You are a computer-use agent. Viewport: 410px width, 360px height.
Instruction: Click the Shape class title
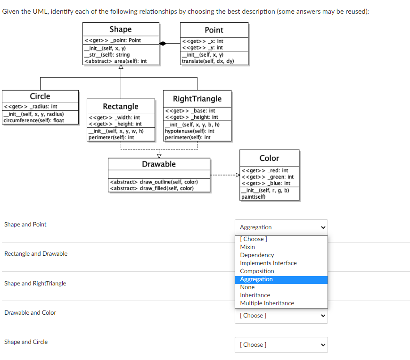(x=120, y=29)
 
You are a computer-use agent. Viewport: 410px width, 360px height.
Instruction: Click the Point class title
(x=214, y=30)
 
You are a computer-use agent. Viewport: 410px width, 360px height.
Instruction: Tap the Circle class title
(x=40, y=96)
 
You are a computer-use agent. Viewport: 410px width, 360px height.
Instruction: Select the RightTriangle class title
(x=197, y=99)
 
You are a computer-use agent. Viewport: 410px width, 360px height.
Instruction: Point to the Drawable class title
(x=159, y=164)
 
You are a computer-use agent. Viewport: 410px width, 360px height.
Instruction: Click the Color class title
(x=269, y=158)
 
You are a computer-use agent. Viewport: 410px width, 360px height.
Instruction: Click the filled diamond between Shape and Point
(x=163, y=43)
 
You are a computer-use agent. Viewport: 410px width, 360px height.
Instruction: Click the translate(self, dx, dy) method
(x=208, y=61)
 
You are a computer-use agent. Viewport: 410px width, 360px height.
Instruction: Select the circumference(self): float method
(x=33, y=120)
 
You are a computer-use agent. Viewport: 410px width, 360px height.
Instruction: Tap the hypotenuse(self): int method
(x=189, y=131)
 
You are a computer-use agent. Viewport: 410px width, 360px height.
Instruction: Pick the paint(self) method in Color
(x=253, y=197)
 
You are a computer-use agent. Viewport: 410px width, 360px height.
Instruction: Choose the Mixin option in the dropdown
(x=247, y=247)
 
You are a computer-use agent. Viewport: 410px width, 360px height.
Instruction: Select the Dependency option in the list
(x=257, y=255)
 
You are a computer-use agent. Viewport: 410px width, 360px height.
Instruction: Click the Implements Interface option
(x=268, y=263)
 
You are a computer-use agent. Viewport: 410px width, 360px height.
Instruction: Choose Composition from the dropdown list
(x=257, y=271)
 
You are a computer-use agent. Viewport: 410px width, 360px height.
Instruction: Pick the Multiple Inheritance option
(x=267, y=303)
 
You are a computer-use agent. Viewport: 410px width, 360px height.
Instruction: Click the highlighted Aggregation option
(x=256, y=279)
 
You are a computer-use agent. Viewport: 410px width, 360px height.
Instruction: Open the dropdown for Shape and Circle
(x=281, y=344)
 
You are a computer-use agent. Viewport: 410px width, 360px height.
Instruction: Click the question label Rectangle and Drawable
(x=36, y=254)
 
